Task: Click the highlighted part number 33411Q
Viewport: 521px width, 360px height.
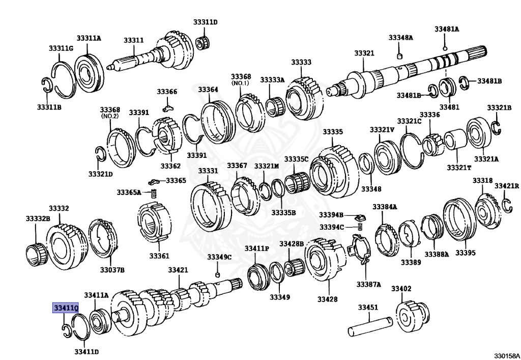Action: click(x=66, y=308)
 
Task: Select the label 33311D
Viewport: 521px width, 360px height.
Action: click(x=205, y=22)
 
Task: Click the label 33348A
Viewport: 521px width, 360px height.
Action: click(x=400, y=38)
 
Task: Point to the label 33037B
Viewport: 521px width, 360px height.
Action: click(x=112, y=269)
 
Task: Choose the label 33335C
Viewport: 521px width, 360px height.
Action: click(x=296, y=159)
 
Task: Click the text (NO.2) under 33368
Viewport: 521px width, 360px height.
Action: click(x=109, y=116)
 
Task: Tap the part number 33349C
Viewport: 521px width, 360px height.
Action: click(x=219, y=257)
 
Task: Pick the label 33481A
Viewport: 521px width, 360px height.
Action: click(x=446, y=29)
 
